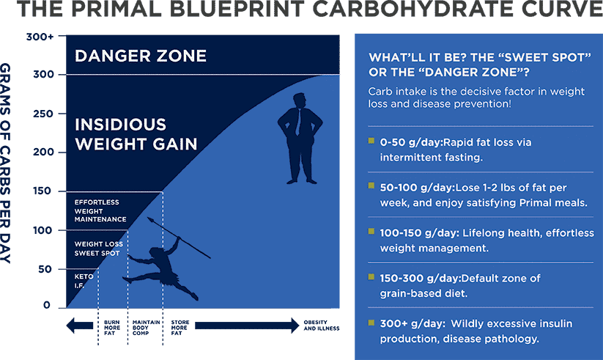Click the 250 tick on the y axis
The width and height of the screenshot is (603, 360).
pyautogui.click(x=62, y=114)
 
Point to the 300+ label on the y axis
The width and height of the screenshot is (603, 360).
pyautogui.click(x=40, y=37)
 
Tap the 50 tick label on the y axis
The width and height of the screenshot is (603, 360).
pyautogui.click(x=45, y=269)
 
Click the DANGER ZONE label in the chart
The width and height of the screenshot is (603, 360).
pyautogui.click(x=141, y=56)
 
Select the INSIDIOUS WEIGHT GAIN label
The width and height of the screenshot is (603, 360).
pyautogui.click(x=136, y=134)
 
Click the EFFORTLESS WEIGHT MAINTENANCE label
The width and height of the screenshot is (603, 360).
pyautogui.click(x=100, y=210)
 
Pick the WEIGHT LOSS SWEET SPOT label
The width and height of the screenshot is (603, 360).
pyautogui.click(x=99, y=249)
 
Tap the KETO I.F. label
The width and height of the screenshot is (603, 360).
pyautogui.click(x=84, y=281)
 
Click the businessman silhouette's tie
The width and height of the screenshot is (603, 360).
pyautogui.click(x=298, y=122)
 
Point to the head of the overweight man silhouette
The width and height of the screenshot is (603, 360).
pyautogui.click(x=299, y=100)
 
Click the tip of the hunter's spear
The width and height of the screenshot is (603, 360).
pyautogui.click(x=149, y=219)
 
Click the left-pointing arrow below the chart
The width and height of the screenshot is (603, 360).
pyautogui.click(x=80, y=326)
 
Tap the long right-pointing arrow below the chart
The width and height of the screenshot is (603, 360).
pyautogui.click(x=247, y=326)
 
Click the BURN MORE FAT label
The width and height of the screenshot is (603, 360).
pyautogui.click(x=112, y=328)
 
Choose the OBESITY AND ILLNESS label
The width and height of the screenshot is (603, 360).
pyautogui.click(x=322, y=326)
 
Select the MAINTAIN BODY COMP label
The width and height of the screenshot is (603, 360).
pyautogui.click(x=146, y=328)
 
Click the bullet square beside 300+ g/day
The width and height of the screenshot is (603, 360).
pyautogui.click(x=371, y=323)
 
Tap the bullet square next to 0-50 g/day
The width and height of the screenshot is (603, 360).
pyautogui.click(x=371, y=141)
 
